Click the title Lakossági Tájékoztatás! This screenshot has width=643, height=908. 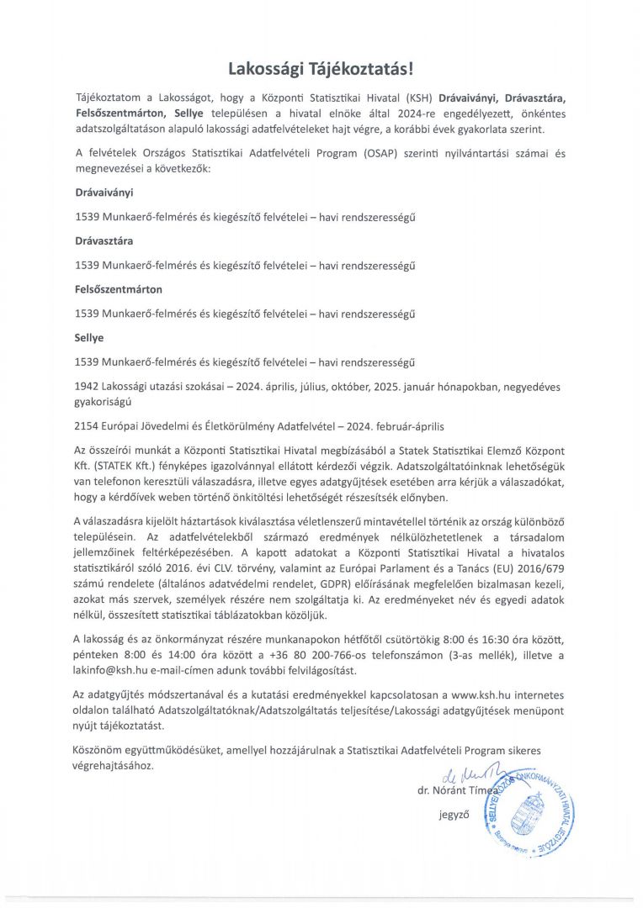[321, 67]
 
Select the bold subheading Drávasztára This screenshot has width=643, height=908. [104, 240]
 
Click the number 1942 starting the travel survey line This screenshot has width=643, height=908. [88, 387]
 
